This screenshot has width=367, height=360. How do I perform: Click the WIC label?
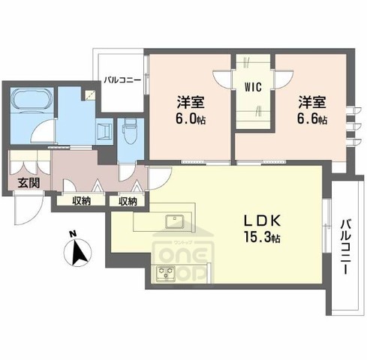[x=252, y=87]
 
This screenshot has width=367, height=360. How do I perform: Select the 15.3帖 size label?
[x=263, y=239]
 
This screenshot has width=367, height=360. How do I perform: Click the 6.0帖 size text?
[x=192, y=120]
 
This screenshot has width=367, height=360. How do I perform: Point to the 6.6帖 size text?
[x=311, y=120]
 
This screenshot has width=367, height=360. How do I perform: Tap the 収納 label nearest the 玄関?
[x=82, y=200]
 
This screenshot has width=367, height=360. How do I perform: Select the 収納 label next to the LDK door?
[x=128, y=200]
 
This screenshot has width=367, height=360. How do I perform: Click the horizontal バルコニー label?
[x=122, y=79]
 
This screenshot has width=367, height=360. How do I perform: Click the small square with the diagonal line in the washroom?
[x=89, y=95]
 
